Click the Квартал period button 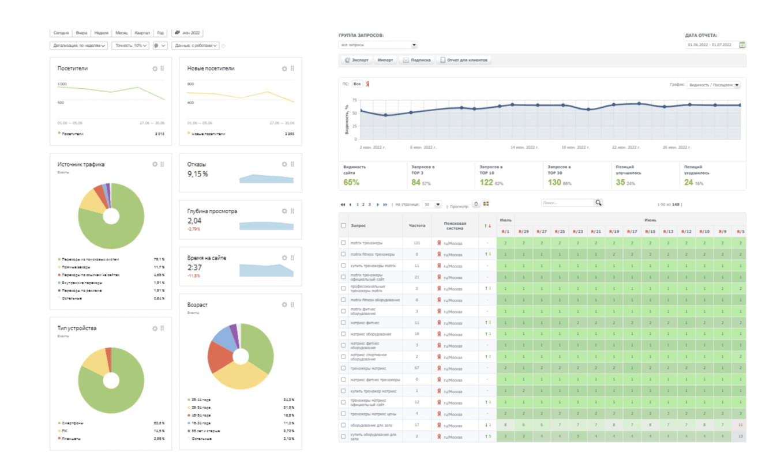pos(142,33)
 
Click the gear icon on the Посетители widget pos(155,69)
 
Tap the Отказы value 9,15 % pos(197,173)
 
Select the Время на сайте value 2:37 pos(194,267)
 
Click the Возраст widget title pos(197,304)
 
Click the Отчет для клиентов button pos(464,60)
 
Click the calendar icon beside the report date pos(742,45)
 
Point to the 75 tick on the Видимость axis pos(354,100)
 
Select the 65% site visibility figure pos(351,183)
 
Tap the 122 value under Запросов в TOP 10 pos(486,183)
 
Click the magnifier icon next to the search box pos(598,203)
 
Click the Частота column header pos(416,225)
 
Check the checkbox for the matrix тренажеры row pos(344,243)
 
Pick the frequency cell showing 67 pos(416,368)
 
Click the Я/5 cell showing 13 pos(741,437)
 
